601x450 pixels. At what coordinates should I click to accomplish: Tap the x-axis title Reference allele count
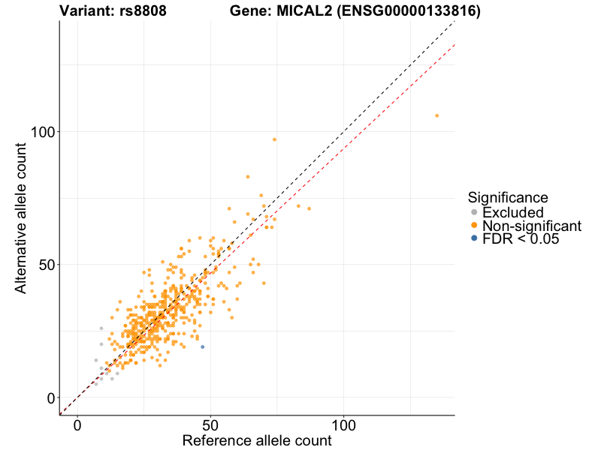[256, 441]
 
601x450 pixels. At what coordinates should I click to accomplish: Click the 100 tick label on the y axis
[42, 132]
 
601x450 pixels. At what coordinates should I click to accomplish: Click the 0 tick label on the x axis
[77, 424]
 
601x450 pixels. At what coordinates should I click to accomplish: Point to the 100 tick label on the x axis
[344, 424]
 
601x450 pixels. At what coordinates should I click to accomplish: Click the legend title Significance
[507, 197]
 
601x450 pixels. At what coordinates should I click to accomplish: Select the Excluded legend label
[512, 212]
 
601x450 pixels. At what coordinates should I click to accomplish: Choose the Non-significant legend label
[532, 226]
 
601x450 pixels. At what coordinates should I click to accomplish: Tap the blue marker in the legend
[473, 238]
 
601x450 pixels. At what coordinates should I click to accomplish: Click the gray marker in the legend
[473, 212]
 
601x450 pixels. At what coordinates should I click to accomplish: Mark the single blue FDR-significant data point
[202, 346]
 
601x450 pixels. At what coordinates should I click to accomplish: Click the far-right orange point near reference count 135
[436, 115]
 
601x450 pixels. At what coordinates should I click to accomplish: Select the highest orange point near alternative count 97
[274, 139]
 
